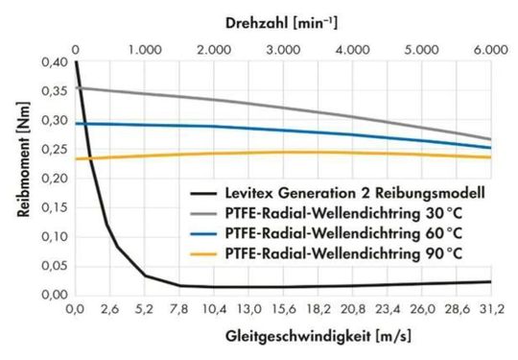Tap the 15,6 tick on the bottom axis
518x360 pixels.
point(283,311)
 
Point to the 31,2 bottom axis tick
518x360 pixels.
point(491,311)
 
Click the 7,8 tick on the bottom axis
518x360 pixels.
point(179,311)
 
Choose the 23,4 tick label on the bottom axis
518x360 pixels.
point(387,311)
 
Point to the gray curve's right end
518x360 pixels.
point(490,139)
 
